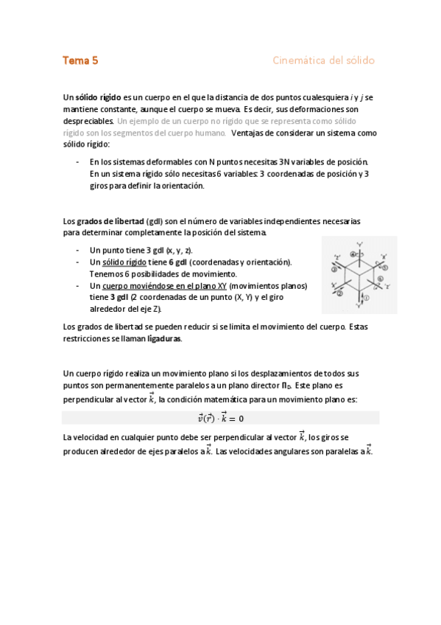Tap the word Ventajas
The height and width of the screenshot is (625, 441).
pos(251,133)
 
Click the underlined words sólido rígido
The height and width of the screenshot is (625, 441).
pos(124,262)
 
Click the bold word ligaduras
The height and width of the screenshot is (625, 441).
pos(163,339)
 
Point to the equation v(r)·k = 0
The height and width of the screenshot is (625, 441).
pos(221,418)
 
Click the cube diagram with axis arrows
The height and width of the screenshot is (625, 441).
pos(359,274)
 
